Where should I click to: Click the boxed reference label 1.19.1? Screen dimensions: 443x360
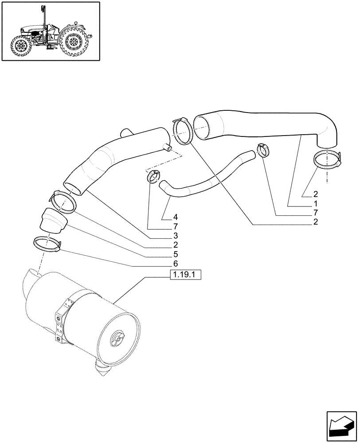click(x=185, y=275)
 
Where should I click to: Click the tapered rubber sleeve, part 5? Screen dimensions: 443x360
click(x=52, y=220)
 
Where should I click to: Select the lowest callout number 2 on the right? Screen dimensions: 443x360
click(x=315, y=221)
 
